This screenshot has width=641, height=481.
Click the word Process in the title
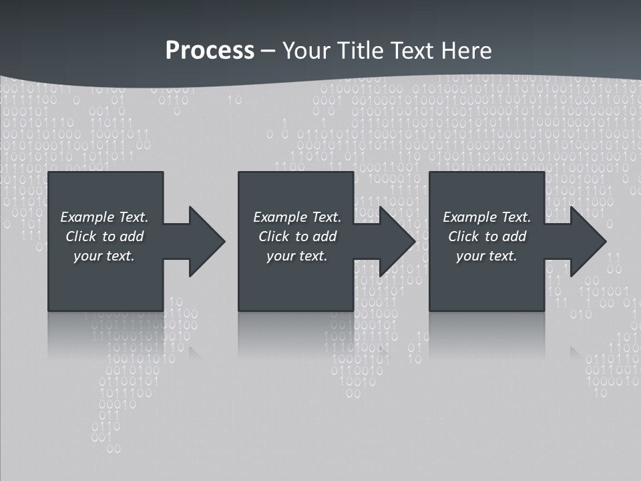210,51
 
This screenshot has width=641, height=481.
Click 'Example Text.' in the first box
104,217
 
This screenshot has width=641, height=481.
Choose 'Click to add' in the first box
104,236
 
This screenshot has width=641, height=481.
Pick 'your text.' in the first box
104,256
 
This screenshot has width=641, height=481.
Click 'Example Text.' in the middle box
296,217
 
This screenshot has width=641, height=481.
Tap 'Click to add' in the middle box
296,236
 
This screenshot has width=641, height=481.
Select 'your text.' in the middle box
296,256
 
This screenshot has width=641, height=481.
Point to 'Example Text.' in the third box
487,217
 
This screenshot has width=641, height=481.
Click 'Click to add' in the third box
487,236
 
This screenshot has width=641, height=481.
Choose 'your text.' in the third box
487,256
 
